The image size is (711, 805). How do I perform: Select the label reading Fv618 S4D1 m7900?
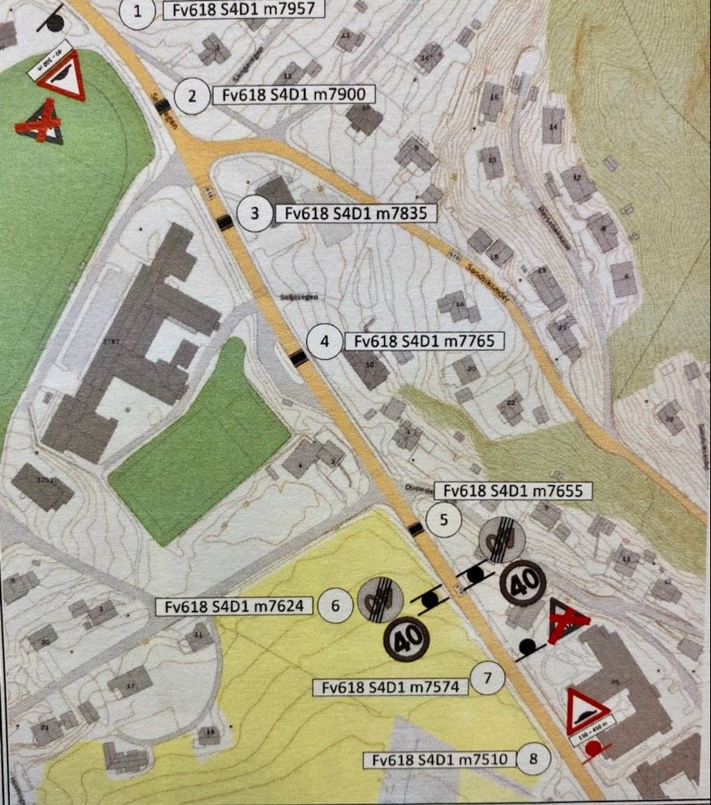click(293, 96)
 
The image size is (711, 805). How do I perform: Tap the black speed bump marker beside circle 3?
click(225, 222)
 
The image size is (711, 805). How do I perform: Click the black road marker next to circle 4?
click(298, 359)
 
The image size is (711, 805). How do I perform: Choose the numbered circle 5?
click(443, 519)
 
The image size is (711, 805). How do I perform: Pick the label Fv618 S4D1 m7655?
click(506, 490)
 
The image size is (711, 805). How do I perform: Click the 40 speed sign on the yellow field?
click(406, 639)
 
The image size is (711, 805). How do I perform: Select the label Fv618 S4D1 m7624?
click(235, 606)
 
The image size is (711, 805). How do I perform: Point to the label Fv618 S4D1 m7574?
click(390, 687)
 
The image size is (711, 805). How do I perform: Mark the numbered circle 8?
click(535, 759)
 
